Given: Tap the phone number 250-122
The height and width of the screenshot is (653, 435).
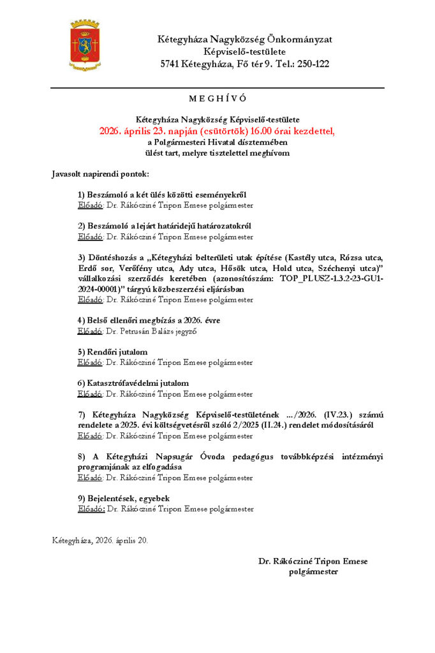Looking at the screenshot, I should (313, 64).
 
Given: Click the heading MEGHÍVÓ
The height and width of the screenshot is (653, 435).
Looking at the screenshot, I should (217, 99).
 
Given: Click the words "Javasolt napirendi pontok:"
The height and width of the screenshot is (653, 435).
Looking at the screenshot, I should (100, 173).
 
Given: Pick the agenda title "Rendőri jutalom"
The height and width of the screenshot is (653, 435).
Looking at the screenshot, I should (112, 352).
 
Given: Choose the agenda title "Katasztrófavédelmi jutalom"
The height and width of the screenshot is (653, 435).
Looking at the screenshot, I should (133, 383).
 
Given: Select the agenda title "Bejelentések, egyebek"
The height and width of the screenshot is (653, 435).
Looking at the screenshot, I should (124, 498).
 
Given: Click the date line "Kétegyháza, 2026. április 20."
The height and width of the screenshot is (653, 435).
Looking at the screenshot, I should (100, 540).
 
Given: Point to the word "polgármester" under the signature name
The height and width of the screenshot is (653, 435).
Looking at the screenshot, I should (313, 571).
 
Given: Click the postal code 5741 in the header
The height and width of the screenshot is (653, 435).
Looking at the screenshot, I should (170, 64).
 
